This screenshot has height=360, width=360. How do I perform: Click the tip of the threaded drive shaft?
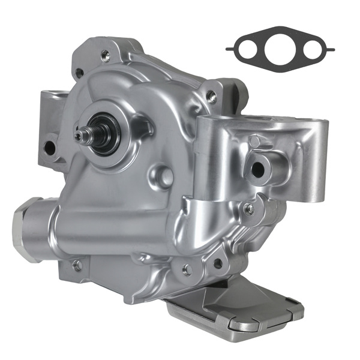[79, 136]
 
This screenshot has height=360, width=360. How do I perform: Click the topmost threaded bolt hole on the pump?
[106, 55]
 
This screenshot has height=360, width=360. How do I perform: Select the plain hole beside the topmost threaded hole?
[79, 73]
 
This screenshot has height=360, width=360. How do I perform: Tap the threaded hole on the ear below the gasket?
[212, 94]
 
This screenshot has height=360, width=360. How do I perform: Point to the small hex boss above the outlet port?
[255, 142]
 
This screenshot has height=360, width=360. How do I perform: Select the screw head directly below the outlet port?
[248, 208]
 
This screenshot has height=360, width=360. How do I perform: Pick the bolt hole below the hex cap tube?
[77, 265]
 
